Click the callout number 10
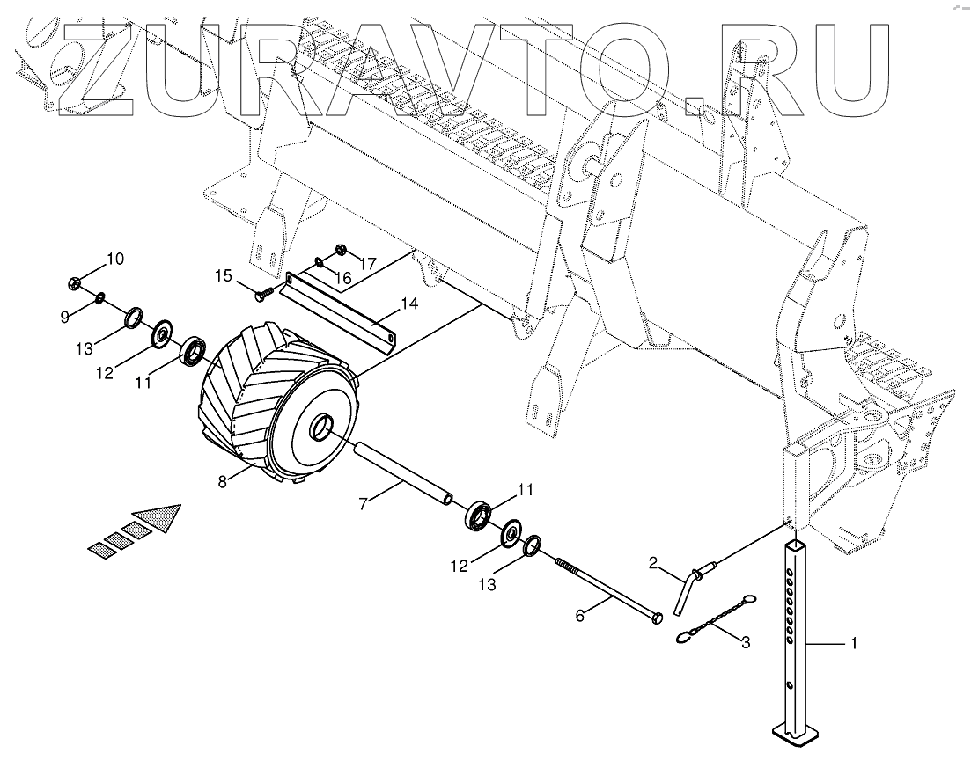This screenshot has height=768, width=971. [x=115, y=259]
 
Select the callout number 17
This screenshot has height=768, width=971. [x=367, y=262]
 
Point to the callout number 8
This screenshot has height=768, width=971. [x=223, y=480]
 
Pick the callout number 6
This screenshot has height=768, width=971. [x=579, y=617]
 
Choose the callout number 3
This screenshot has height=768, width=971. [x=745, y=643]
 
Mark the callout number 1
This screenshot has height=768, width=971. [x=852, y=644]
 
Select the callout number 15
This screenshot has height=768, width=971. [x=223, y=276]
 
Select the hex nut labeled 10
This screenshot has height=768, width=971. [x=76, y=283]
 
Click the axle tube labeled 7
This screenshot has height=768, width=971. [x=401, y=474]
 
